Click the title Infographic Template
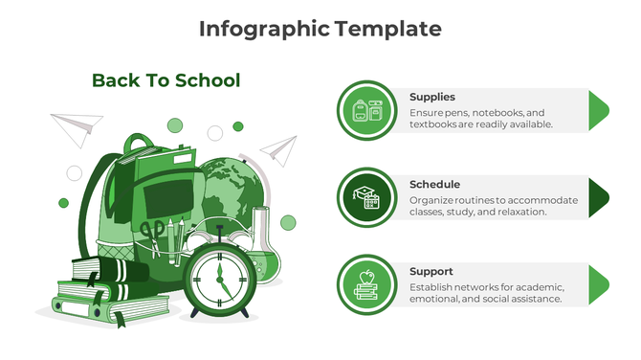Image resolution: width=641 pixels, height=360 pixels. click(320, 29)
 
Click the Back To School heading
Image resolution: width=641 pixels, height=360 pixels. click(166, 80)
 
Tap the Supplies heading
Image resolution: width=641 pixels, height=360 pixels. click(431, 97)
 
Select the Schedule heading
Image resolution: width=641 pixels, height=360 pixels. click(434, 184)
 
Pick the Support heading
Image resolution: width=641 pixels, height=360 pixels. click(431, 271)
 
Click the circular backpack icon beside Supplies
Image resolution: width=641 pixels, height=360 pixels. click(366, 110)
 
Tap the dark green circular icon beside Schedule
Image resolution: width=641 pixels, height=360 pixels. click(366, 197)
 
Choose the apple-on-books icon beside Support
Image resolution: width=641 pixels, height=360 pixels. click(366, 284)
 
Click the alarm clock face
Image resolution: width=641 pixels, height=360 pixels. click(219, 281)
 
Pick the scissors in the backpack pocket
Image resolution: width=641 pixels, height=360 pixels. click(151, 235)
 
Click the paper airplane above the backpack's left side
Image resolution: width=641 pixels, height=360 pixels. click(76, 125)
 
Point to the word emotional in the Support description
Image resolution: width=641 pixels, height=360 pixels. click(436, 299)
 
